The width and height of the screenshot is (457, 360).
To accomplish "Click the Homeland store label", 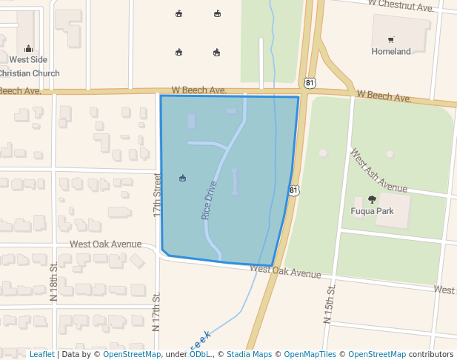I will click(391, 52).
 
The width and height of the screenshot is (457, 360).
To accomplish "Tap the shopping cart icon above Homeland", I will click(391, 39).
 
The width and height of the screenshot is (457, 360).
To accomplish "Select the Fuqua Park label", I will click(372, 211).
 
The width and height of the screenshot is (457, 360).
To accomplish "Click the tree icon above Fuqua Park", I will click(372, 199).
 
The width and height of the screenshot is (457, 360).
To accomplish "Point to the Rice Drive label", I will click(210, 200).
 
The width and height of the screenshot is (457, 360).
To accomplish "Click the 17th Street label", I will click(157, 195).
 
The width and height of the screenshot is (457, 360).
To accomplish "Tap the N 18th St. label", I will click(53, 283).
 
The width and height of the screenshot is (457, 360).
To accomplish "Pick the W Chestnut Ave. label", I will click(404, 7).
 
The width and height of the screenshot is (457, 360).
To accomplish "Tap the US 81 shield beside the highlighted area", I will click(295, 190).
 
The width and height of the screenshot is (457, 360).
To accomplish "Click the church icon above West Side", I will click(28, 48).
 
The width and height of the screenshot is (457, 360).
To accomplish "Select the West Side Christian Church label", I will click(28, 66).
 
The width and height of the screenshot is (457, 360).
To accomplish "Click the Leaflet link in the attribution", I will click(41, 355).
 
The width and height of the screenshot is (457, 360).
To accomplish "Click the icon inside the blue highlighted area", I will click(183, 178).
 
